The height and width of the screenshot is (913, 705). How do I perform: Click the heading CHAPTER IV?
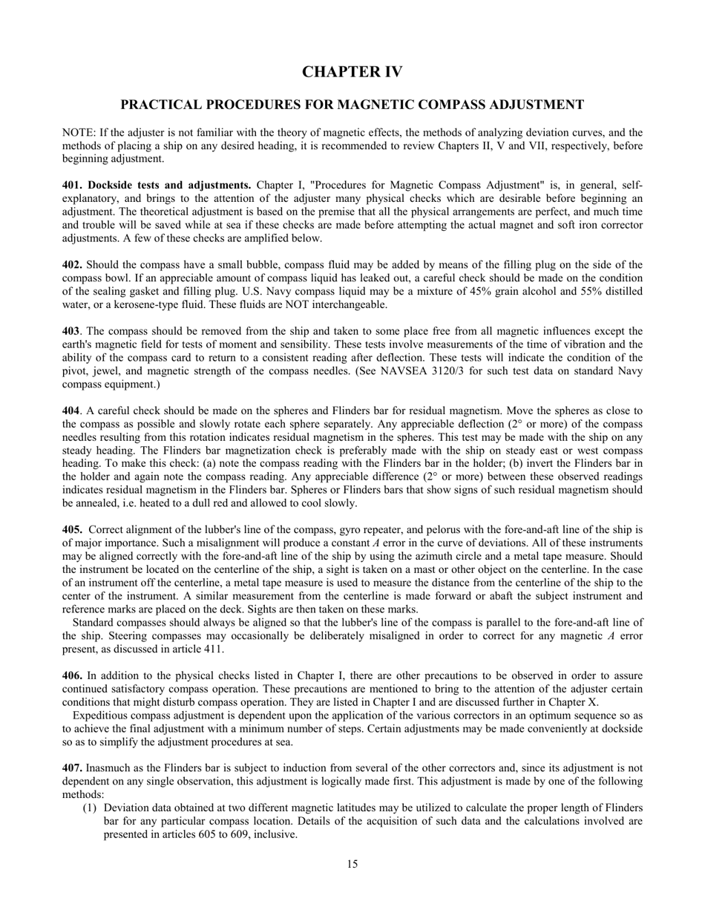352,72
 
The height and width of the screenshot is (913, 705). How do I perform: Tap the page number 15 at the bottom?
352,864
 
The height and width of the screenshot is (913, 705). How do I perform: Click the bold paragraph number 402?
72,265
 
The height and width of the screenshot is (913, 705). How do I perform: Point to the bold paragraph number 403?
71,332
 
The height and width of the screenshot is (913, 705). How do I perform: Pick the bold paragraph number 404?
71,411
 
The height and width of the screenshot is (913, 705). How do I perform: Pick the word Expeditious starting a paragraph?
99,716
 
